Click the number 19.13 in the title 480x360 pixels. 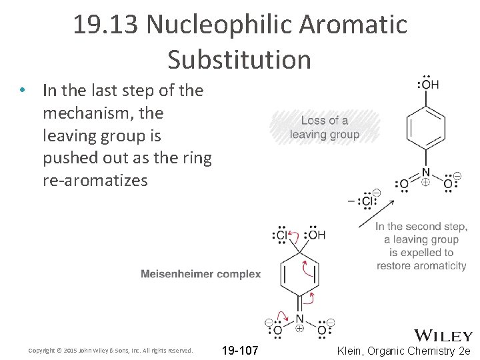[x=106, y=25]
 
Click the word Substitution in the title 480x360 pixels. [x=239, y=59]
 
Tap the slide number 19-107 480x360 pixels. [x=240, y=351]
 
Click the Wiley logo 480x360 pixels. [x=443, y=335]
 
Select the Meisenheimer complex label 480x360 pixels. [x=201, y=274]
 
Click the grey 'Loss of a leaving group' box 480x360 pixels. [x=325, y=127]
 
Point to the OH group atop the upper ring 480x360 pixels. [x=429, y=85]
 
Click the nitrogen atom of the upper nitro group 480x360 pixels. [x=425, y=173]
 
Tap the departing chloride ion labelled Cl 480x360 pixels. [x=367, y=201]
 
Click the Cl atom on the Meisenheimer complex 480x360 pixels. [x=281, y=235]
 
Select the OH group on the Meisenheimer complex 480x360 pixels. [x=315, y=235]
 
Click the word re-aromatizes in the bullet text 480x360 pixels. [x=95, y=180]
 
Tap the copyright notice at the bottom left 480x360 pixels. [x=110, y=351]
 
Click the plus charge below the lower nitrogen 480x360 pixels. [x=299, y=328]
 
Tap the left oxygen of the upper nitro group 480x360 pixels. [x=403, y=184]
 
